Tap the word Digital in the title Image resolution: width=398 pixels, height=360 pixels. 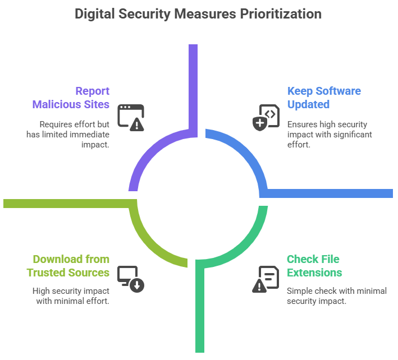[94, 13]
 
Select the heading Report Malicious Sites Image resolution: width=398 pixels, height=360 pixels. [71, 98]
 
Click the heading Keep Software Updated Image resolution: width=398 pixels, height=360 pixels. [324, 98]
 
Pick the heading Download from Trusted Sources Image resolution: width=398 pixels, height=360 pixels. [68, 266]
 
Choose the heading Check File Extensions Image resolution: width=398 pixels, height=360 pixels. [314, 266]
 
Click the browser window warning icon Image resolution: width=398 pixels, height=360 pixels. [131, 118]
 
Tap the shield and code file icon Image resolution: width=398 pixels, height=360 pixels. [266, 117]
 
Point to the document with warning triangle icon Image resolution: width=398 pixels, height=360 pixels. [266, 279]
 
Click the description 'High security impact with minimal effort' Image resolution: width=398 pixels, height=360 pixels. [71, 296]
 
